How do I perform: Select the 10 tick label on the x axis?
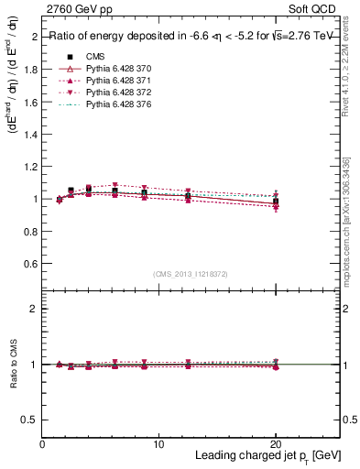point(158,443)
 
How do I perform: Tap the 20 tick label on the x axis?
point(276,443)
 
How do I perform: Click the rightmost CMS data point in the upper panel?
point(276,202)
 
